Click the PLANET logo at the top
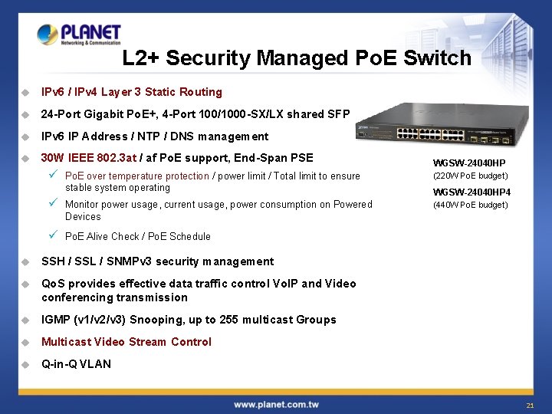click(x=79, y=34)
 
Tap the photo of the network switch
click(x=442, y=130)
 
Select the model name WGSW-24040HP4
click(x=472, y=192)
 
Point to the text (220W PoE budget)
click(x=470, y=176)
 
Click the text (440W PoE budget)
click(x=470, y=205)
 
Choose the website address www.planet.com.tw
click(x=276, y=404)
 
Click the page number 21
click(x=530, y=405)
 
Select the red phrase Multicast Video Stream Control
click(x=127, y=342)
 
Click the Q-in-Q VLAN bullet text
click(x=76, y=364)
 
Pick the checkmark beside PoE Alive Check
click(x=53, y=235)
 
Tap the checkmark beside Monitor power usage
click(x=53, y=203)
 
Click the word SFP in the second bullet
click(x=339, y=114)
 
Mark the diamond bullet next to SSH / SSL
click(x=25, y=261)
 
